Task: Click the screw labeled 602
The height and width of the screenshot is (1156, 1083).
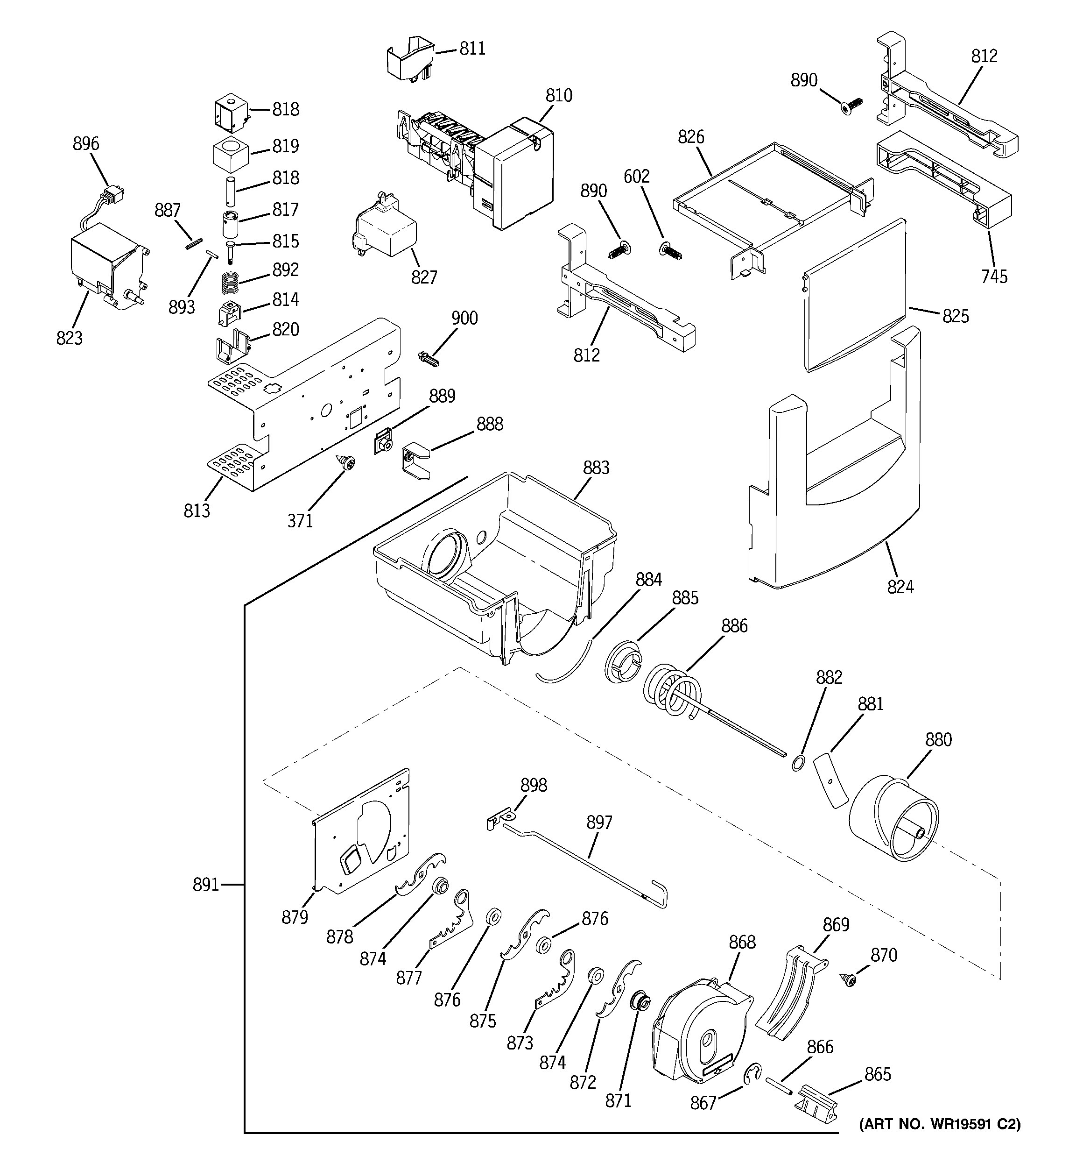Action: click(670, 251)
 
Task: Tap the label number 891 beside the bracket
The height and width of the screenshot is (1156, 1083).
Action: click(206, 885)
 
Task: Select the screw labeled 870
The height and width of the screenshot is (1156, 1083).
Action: click(849, 980)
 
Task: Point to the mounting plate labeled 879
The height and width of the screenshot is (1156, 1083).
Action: click(360, 831)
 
